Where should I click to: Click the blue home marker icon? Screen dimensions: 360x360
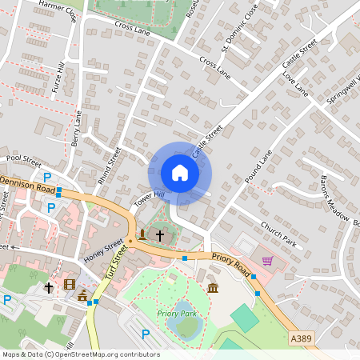(179, 173)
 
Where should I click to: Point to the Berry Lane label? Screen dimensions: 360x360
(77, 128)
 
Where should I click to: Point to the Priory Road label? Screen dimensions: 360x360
(231, 263)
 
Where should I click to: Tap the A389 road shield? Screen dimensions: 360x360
(301, 339)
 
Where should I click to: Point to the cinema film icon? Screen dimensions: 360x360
(70, 285)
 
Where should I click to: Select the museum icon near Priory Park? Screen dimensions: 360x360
(212, 287)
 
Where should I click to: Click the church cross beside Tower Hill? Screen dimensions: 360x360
(159, 235)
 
